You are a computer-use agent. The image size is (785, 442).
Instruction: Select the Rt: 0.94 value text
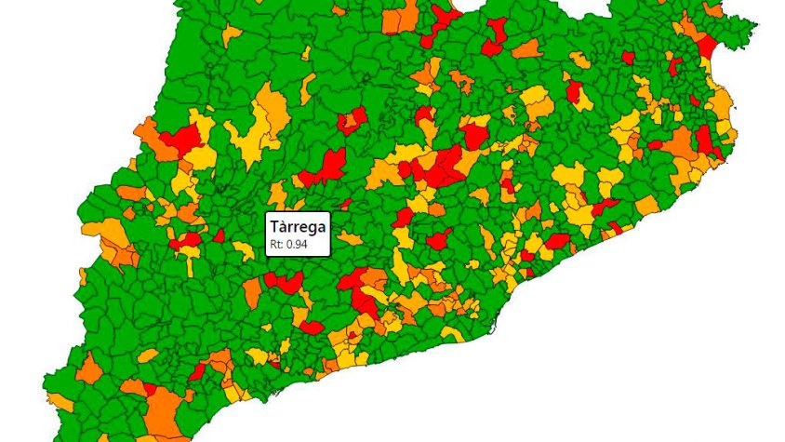[x=287, y=246]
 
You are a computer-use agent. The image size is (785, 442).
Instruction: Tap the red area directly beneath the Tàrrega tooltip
[x=284, y=280]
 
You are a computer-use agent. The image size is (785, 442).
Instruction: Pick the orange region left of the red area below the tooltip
[x=253, y=291]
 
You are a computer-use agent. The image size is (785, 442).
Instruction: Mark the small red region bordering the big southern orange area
[x=197, y=372]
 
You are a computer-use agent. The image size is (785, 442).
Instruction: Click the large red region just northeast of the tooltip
[x=327, y=167]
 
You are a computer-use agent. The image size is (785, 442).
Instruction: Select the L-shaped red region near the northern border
[x=494, y=35]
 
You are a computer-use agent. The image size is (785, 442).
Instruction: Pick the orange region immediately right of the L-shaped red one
[x=527, y=48]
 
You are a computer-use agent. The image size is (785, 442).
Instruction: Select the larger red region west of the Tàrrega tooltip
[x=187, y=240]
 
